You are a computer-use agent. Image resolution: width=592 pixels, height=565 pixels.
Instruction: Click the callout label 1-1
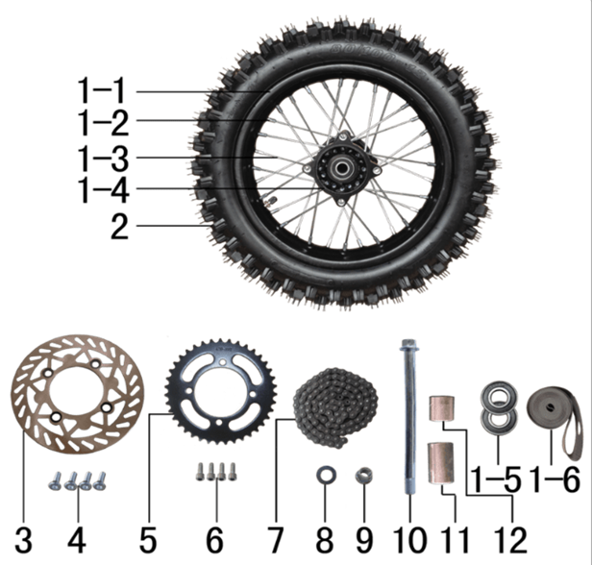click(x=101, y=91)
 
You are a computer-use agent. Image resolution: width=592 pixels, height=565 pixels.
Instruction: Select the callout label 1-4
click(x=103, y=190)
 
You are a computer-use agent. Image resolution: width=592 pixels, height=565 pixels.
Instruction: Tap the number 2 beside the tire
click(x=120, y=226)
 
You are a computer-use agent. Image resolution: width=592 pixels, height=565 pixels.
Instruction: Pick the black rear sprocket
click(x=221, y=392)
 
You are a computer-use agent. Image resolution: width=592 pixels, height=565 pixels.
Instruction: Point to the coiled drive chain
click(x=336, y=408)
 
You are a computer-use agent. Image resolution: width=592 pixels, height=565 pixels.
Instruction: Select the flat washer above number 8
click(x=326, y=476)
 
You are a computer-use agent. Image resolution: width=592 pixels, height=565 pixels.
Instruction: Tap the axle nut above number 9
click(x=364, y=476)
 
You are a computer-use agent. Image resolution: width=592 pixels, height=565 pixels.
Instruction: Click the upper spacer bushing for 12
click(x=442, y=408)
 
